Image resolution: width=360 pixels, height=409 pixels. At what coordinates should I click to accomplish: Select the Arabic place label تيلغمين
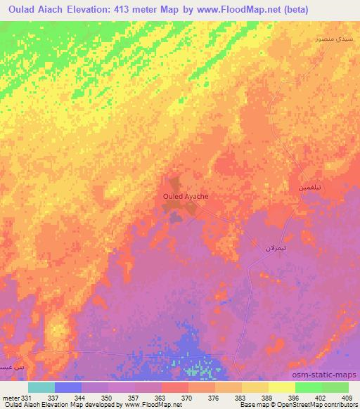(x=311, y=189)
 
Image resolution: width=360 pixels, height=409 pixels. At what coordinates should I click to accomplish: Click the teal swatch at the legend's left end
(x=41, y=387)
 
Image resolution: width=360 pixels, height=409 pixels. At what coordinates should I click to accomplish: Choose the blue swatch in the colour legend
(x=68, y=387)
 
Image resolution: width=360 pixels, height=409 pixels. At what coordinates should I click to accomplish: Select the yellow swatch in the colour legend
(x=281, y=387)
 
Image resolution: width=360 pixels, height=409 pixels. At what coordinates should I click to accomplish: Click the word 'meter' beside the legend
(x=10, y=398)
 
